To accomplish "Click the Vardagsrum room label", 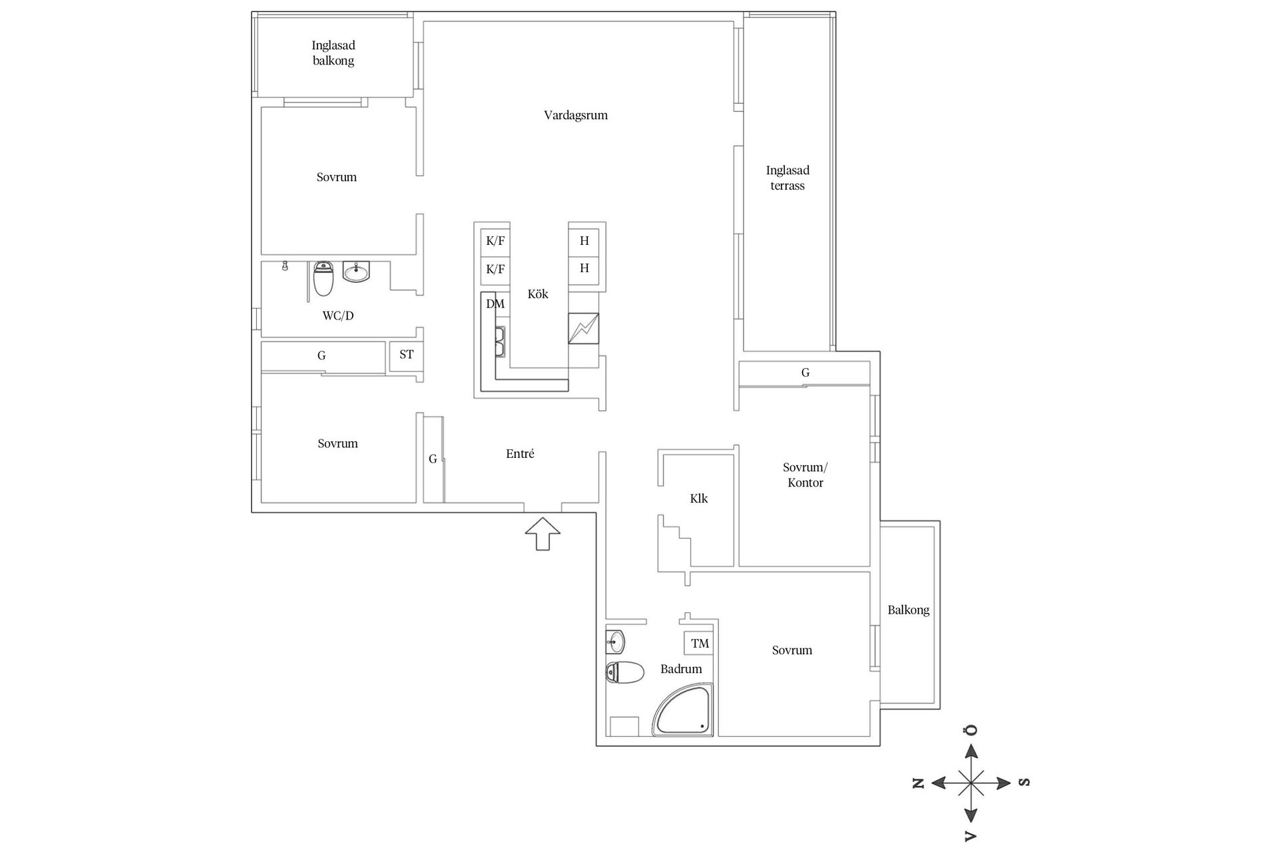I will [x=576, y=115].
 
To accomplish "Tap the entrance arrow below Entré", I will [x=542, y=533].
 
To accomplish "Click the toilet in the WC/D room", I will [x=323, y=279].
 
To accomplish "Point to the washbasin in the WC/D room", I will [x=356, y=272].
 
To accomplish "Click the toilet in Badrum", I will [x=625, y=672].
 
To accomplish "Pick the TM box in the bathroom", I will [x=700, y=644].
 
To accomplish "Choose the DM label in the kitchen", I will [x=495, y=304].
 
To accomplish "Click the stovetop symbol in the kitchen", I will [x=583, y=328].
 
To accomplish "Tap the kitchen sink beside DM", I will [x=499, y=341].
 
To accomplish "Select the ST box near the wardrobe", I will [x=406, y=355].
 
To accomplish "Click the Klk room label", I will [x=699, y=499].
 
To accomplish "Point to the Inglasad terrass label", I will [x=787, y=178].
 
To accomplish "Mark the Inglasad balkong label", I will [x=333, y=53].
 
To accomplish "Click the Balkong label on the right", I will [x=908, y=610].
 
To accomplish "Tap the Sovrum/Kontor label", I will [x=805, y=475].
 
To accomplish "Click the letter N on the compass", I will [x=919, y=783].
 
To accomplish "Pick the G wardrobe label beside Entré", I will [x=433, y=459].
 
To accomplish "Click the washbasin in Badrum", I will [x=616, y=642].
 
